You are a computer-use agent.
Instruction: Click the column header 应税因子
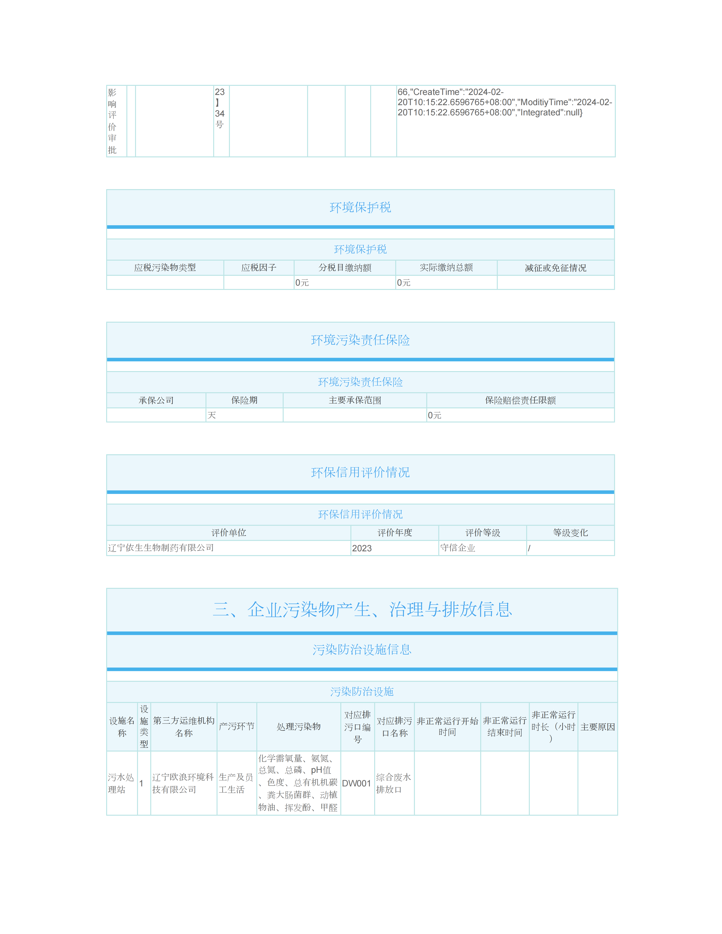[259, 268]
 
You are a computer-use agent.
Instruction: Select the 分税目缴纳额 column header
[345, 268]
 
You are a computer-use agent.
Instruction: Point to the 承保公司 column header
[156, 400]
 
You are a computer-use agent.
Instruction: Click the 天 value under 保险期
[212, 415]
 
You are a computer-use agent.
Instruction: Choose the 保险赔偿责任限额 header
[520, 400]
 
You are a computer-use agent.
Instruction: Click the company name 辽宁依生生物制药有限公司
[161, 548]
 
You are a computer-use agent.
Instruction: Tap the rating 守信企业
[458, 548]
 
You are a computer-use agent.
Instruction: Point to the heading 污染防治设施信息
[362, 650]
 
